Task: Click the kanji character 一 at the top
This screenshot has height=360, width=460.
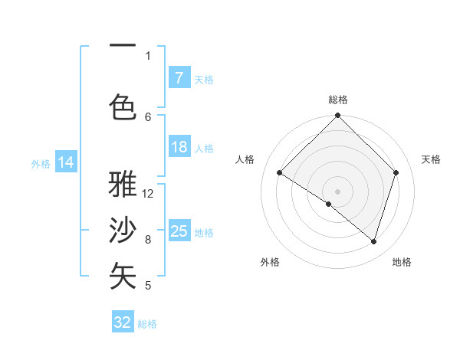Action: click(123, 47)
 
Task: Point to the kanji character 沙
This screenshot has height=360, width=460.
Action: click(123, 231)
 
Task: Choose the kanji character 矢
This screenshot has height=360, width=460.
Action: click(123, 276)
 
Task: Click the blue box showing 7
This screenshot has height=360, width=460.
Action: click(179, 78)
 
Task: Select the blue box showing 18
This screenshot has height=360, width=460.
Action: click(179, 147)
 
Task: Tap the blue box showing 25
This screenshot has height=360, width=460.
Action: click(179, 231)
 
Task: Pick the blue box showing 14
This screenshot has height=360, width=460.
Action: click(65, 162)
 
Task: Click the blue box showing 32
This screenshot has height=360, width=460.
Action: click(123, 322)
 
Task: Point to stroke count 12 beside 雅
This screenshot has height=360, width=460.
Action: click(149, 194)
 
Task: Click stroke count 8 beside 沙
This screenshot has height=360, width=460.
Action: click(148, 240)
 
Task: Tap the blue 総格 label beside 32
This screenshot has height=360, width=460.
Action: click(147, 324)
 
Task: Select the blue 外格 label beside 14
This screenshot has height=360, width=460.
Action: click(41, 163)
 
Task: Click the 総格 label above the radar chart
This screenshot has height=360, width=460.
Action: click(337, 100)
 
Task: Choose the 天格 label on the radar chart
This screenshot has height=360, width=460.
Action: click(431, 159)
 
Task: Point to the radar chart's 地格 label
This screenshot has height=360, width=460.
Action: click(402, 262)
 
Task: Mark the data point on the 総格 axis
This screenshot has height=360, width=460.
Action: click(337, 116)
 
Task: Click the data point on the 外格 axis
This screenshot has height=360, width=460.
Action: click(329, 205)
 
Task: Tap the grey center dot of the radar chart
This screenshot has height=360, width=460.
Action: click(337, 191)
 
